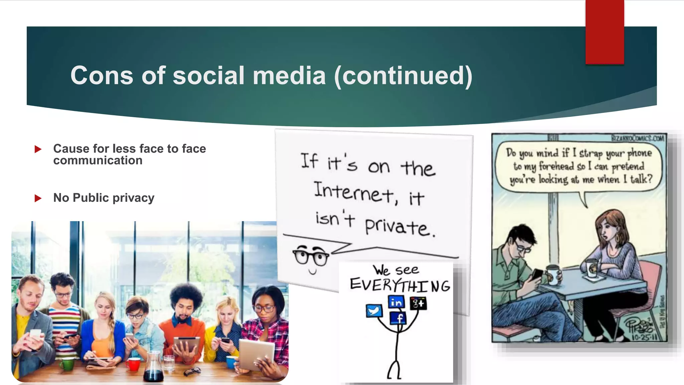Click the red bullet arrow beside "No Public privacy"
(x=38, y=198)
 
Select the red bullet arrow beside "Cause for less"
(x=38, y=149)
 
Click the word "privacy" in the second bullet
(x=133, y=198)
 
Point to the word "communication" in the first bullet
(x=98, y=161)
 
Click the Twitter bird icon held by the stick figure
(x=374, y=310)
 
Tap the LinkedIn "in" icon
(x=396, y=302)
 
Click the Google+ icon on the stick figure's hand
(x=418, y=303)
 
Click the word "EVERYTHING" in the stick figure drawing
(x=400, y=285)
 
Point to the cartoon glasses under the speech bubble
(x=311, y=257)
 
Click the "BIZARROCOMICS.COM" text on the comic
(x=637, y=138)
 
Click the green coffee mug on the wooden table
(x=67, y=364)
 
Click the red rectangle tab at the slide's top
(x=605, y=32)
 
